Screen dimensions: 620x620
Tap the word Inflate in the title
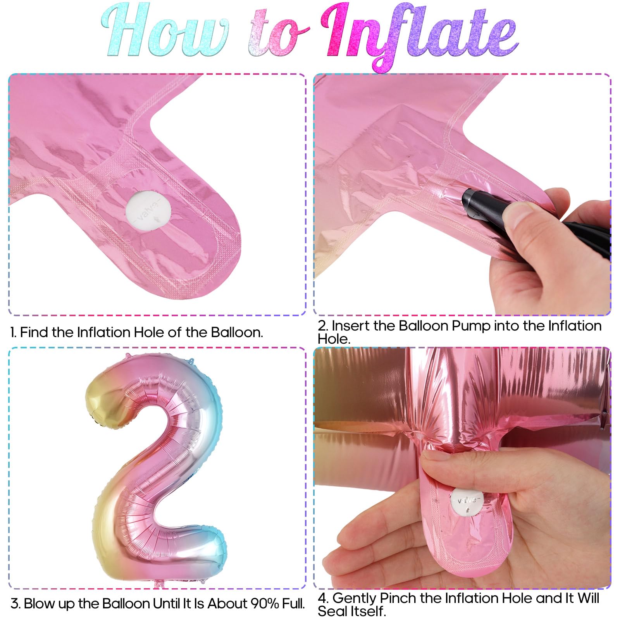point(420,37)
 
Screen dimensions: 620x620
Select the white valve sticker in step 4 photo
point(467,502)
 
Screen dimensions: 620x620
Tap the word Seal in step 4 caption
point(332,611)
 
